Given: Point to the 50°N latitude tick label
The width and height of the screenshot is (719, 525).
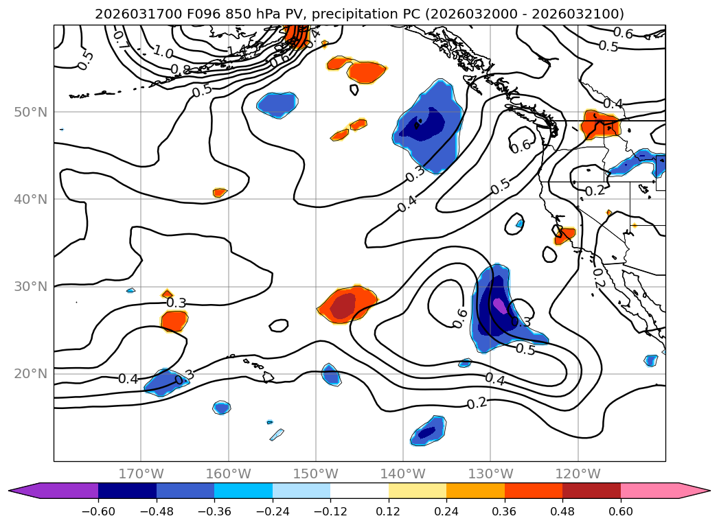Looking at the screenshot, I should [x=31, y=112].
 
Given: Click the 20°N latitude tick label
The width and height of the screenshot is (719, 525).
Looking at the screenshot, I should [x=31, y=374].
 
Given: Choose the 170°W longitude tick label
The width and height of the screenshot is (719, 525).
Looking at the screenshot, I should [x=141, y=474].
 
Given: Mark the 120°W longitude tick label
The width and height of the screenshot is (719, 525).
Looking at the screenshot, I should [x=578, y=474].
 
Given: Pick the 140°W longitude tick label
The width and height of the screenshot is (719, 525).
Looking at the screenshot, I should [x=403, y=474].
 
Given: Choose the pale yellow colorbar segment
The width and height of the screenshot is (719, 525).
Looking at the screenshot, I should [x=418, y=491].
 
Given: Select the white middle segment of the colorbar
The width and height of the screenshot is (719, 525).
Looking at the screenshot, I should [x=359, y=491].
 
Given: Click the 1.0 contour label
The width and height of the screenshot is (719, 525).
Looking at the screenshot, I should [x=163, y=52].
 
